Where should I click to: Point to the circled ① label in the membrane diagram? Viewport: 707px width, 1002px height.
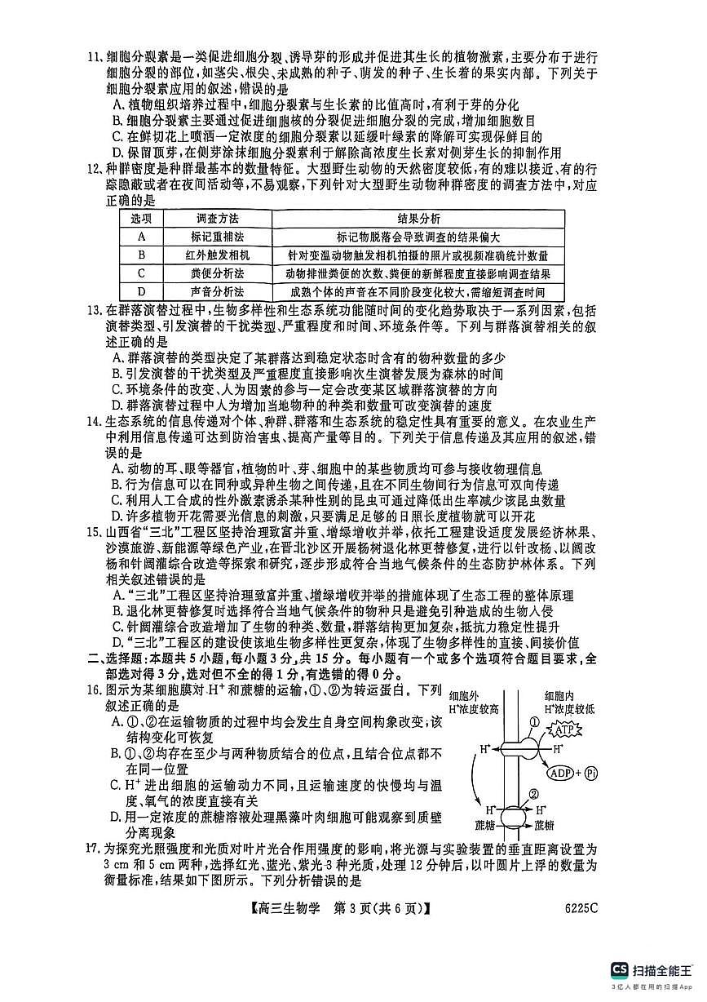(x=534, y=721)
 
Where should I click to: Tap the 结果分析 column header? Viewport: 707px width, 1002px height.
(x=419, y=219)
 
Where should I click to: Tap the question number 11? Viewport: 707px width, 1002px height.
(x=96, y=58)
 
